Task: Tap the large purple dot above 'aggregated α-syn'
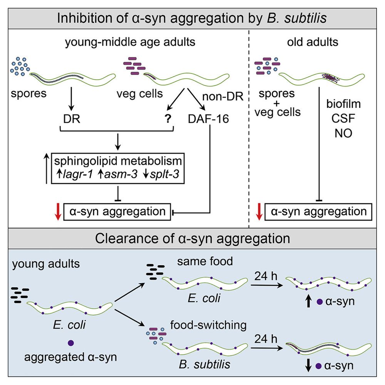pyautogui.click(x=70, y=342)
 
